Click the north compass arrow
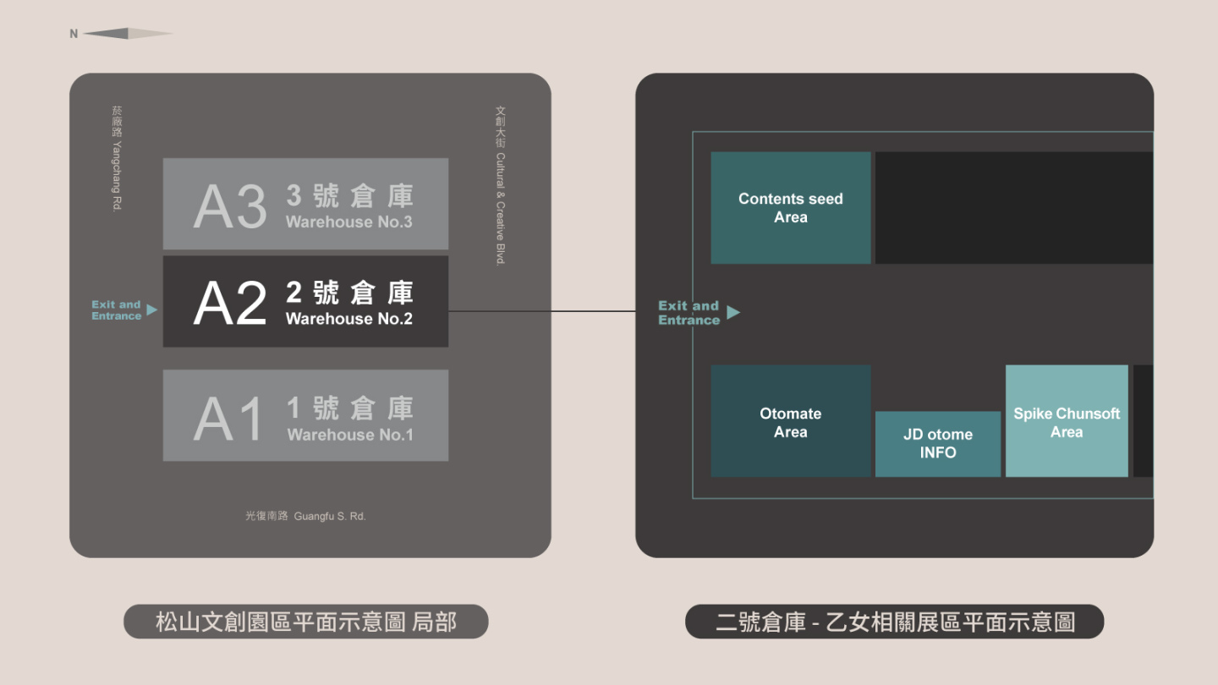pyautogui.click(x=127, y=34)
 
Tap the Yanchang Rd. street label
pyautogui.click(x=117, y=158)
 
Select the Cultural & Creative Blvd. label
pyautogui.click(x=500, y=185)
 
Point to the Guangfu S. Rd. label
pyautogui.click(x=305, y=516)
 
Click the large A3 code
pyautogui.click(x=229, y=205)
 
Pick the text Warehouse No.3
pyautogui.click(x=349, y=222)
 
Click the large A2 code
pyautogui.click(x=229, y=303)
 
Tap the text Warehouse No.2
pyautogui.click(x=349, y=319)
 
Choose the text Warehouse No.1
pyautogui.click(x=350, y=435)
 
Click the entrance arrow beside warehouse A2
pyautogui.click(x=151, y=310)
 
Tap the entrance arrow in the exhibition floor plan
pyautogui.click(x=733, y=313)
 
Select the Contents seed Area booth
pyautogui.click(x=790, y=208)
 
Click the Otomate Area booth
pyautogui.click(x=790, y=421)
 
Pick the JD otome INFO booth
pyautogui.click(x=937, y=444)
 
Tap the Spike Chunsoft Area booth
pyautogui.click(x=1066, y=421)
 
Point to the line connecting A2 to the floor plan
pyautogui.click(x=541, y=311)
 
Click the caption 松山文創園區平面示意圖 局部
pyautogui.click(x=305, y=622)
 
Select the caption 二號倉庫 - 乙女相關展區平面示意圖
pyautogui.click(x=894, y=622)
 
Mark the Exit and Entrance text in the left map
pyautogui.click(x=116, y=310)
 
